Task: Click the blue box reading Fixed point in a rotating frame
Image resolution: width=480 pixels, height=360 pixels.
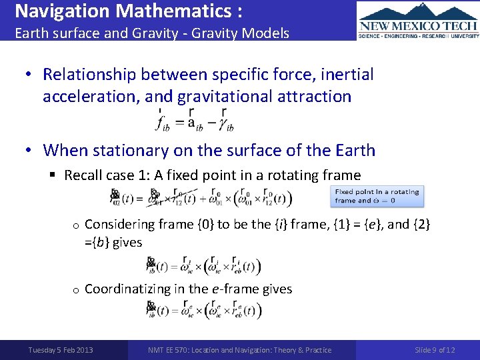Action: (x=377, y=196)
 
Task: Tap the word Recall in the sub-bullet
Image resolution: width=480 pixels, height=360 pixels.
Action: (x=82, y=175)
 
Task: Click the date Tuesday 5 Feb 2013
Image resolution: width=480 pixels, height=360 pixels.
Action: (x=61, y=350)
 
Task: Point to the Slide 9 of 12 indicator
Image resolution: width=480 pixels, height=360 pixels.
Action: (x=435, y=350)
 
